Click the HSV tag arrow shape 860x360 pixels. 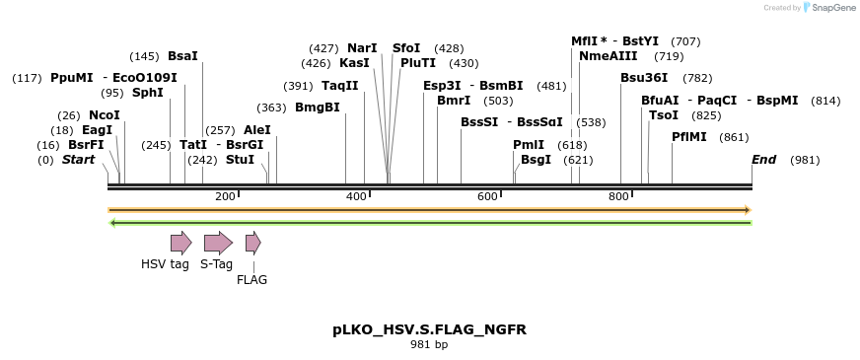(180, 243)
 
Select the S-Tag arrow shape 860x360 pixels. (217, 243)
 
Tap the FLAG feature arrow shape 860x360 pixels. (252, 243)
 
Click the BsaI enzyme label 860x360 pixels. (182, 56)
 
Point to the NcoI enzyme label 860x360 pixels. (104, 115)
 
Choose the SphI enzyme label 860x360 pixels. (147, 93)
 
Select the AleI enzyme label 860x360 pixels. (256, 129)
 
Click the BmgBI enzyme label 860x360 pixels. (317, 108)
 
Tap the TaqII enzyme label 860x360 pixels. (339, 86)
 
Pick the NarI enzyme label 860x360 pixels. (362, 48)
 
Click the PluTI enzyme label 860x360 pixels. (417, 63)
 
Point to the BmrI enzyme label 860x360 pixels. (454, 101)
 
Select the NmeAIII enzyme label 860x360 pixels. (609, 56)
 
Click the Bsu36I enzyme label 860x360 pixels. (644, 78)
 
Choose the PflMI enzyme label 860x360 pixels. (689, 137)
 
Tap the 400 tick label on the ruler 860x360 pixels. (356, 197)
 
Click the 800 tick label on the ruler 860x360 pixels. (618, 197)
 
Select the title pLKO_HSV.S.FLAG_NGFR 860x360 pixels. (429, 329)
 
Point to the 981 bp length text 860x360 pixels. (429, 345)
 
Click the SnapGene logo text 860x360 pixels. (831, 8)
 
